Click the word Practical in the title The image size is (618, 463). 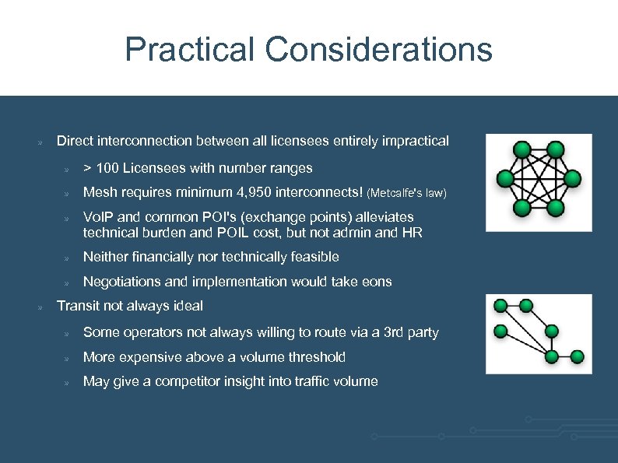189,50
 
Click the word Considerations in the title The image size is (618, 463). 378,50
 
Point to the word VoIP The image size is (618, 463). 97,217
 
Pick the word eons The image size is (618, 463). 377,282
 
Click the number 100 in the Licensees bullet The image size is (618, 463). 107,167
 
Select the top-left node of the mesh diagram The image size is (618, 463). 521,150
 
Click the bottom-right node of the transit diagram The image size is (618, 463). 577,356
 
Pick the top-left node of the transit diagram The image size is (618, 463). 500,306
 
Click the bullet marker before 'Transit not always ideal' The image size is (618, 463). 39,307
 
